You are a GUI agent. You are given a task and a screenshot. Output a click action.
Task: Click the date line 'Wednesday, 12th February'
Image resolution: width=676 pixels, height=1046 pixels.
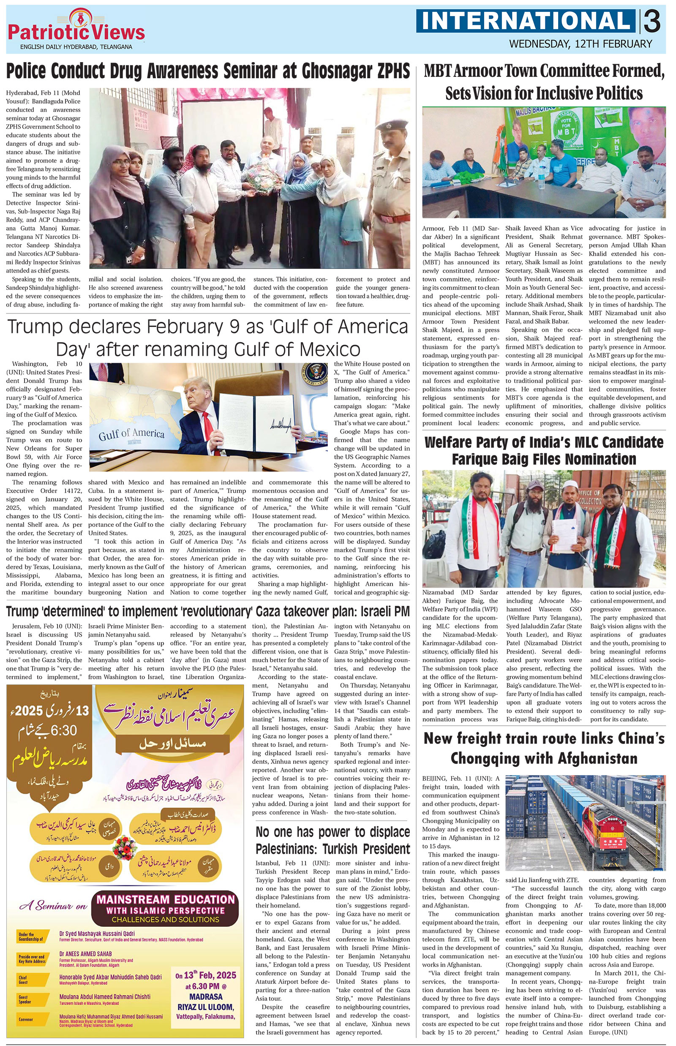[x=581, y=44]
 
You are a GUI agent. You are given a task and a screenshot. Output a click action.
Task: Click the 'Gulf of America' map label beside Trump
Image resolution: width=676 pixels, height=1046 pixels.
[x=131, y=434]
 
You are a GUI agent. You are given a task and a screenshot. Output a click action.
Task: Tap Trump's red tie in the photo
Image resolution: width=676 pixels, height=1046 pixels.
[x=211, y=435]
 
